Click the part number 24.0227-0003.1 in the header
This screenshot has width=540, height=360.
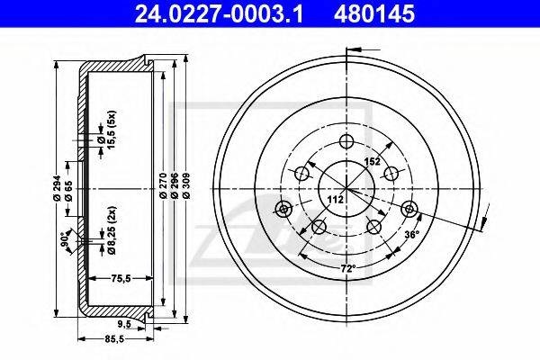point(219,13)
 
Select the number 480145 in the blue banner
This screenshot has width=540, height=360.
point(374,13)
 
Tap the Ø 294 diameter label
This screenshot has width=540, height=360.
point(58,188)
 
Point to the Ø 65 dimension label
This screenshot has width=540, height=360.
point(68,191)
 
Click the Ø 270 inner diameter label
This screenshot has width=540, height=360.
point(164,185)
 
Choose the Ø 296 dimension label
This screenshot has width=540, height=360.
point(175,185)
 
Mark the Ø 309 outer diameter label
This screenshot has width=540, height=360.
point(186,185)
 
